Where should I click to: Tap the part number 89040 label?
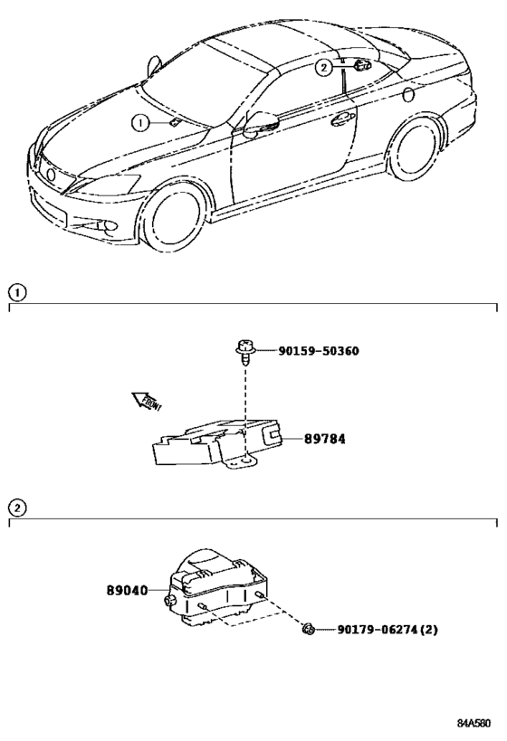127,590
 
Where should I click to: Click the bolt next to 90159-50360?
245,348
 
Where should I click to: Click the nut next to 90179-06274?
309,628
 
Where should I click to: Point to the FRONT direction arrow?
144,401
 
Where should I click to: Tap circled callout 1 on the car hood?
139,123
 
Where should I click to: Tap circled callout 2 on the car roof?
324,67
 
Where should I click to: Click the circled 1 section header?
15,292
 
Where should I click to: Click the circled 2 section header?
15,508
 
